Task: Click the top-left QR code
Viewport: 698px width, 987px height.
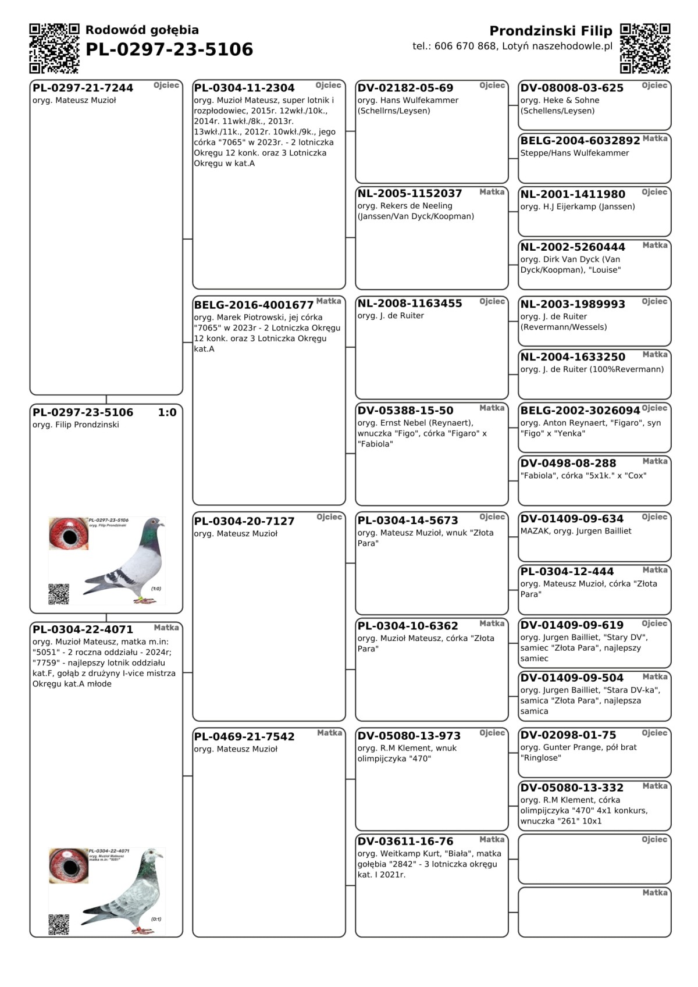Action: pyautogui.click(x=54, y=48)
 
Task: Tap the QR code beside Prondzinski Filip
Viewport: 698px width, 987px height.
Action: pyautogui.click(x=644, y=48)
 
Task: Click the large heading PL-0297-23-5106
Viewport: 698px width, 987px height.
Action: pyautogui.click(x=169, y=49)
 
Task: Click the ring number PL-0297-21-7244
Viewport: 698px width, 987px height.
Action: pyautogui.click(x=83, y=88)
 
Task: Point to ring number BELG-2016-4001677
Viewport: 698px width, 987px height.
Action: pyautogui.click(x=254, y=305)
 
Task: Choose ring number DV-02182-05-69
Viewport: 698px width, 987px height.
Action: pyautogui.click(x=405, y=88)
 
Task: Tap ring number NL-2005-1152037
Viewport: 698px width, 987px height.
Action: pyautogui.click(x=409, y=193)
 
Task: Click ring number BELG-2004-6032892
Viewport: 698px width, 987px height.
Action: pyautogui.click(x=580, y=141)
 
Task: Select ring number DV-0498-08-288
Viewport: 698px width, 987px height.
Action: pyautogui.click(x=568, y=463)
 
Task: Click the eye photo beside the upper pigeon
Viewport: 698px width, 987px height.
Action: pyautogui.click(x=69, y=533)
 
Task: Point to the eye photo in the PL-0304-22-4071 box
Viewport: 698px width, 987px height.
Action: pyautogui.click(x=69, y=865)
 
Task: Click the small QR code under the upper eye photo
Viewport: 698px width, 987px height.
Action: pyautogui.click(x=59, y=594)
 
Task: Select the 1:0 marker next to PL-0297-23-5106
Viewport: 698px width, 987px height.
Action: pyautogui.click(x=167, y=412)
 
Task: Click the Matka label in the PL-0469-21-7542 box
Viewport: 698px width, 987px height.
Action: pyautogui.click(x=329, y=733)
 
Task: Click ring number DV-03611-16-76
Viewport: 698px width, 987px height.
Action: pyautogui.click(x=405, y=841)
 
